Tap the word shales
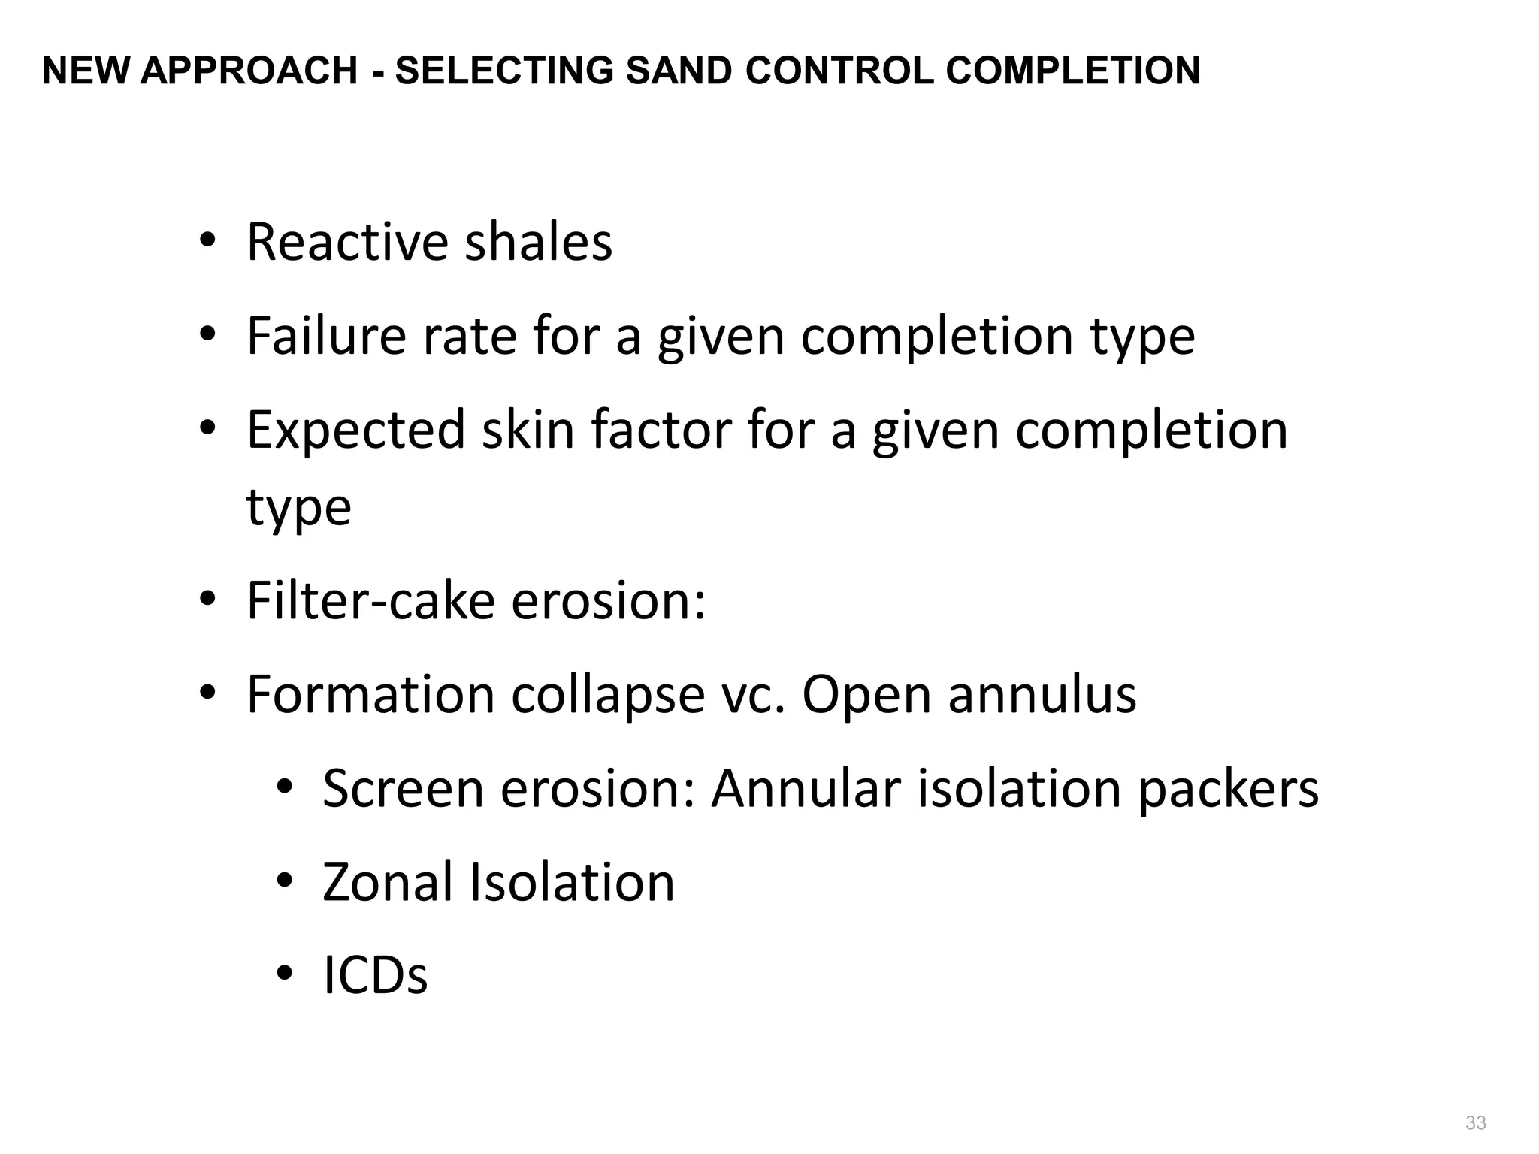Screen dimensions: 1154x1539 pyautogui.click(x=538, y=243)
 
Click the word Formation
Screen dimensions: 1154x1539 pyautogui.click(x=370, y=694)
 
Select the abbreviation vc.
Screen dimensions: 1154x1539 pyautogui.click(x=753, y=696)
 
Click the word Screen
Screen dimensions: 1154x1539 pyautogui.click(x=403, y=788)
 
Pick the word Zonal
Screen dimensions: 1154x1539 pyautogui.click(x=388, y=882)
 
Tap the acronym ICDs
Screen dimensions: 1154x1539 pyautogui.click(x=375, y=976)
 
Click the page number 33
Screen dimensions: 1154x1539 pyautogui.click(x=1475, y=1122)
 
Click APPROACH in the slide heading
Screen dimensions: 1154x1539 pyautogui.click(x=248, y=71)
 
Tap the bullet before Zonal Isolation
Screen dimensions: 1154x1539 pyautogui.click(x=283, y=880)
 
